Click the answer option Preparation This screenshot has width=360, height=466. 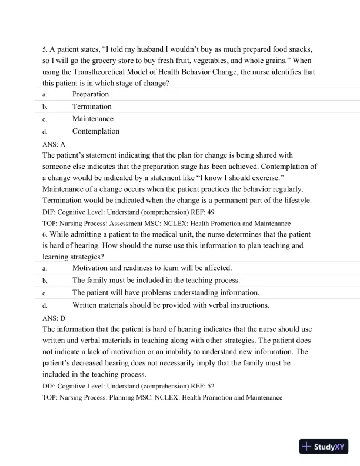(90, 94)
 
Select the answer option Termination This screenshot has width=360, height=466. (91, 106)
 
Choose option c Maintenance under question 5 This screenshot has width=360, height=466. (92, 119)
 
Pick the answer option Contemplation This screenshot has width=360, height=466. (95, 131)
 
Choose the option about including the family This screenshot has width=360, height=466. (156, 280)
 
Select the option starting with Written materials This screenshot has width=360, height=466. (171, 305)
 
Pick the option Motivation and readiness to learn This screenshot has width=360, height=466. (152, 268)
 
